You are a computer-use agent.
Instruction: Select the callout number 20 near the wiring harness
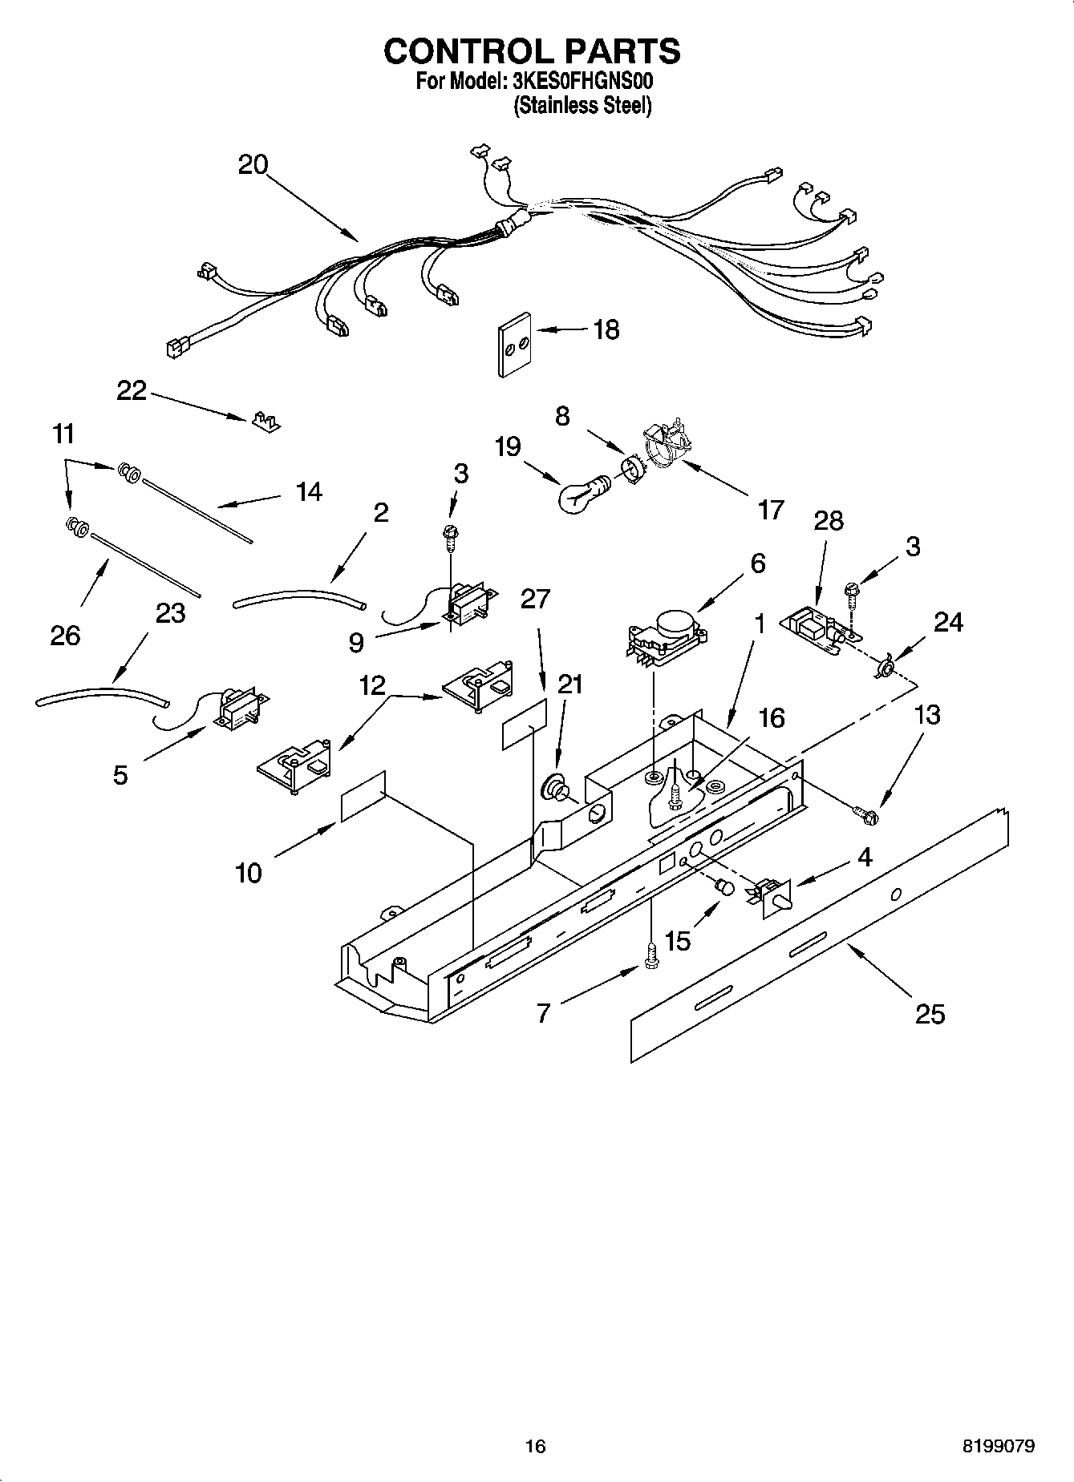(x=253, y=165)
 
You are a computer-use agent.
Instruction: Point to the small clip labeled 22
(x=265, y=421)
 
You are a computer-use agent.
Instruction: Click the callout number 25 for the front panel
(x=930, y=1014)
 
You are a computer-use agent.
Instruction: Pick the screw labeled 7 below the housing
(x=650, y=956)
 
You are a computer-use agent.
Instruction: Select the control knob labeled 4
(x=772, y=896)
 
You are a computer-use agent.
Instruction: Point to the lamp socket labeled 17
(x=665, y=446)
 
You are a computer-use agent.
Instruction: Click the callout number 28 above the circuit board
(x=829, y=521)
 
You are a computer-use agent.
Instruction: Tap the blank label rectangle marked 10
(x=363, y=797)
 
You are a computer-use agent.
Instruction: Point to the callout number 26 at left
(x=65, y=636)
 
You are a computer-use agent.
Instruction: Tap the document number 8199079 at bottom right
(x=998, y=1446)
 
